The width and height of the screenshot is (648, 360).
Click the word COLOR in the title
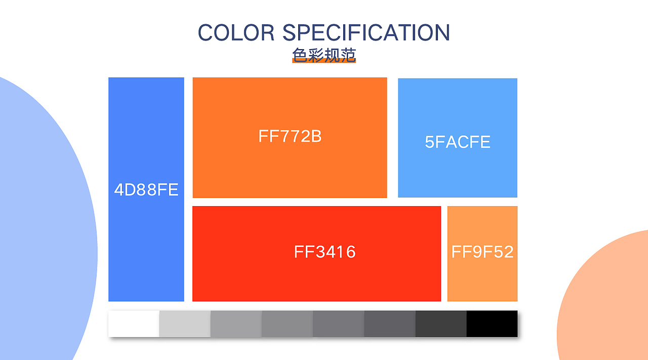236,32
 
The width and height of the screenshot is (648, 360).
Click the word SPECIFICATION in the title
366,32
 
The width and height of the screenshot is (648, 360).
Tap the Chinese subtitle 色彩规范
323,55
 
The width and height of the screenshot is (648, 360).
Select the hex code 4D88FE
146,190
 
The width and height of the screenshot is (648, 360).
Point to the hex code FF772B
290,136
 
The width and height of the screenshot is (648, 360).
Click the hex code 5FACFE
457,142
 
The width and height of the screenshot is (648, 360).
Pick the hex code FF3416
325,252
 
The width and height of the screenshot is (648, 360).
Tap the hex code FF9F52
482,252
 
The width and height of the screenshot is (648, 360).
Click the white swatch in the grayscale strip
134,324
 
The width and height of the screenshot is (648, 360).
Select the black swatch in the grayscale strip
492,324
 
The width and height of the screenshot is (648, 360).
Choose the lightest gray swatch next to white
185,324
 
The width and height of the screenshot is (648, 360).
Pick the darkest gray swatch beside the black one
441,324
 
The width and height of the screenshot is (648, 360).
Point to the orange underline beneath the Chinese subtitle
323,61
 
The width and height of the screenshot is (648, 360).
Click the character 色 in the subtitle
300,55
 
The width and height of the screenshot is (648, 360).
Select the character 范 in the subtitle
348,55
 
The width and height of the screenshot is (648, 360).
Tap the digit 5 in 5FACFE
429,142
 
